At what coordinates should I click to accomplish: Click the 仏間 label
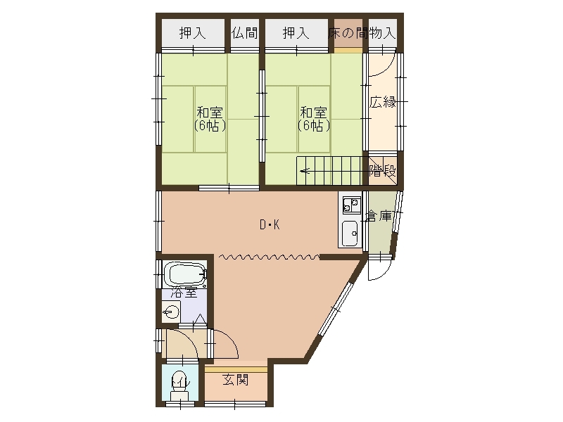click(x=244, y=33)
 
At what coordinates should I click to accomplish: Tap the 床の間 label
click(x=348, y=33)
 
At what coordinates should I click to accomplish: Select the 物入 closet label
click(x=382, y=33)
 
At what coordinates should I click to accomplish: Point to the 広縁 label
click(x=383, y=102)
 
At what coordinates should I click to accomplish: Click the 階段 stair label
click(x=383, y=170)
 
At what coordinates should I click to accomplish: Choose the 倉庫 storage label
click(x=379, y=216)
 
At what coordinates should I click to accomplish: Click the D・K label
click(x=270, y=225)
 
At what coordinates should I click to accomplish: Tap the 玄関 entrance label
click(x=236, y=380)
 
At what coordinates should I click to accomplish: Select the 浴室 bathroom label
click(x=184, y=292)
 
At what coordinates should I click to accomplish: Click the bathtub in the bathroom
click(x=185, y=274)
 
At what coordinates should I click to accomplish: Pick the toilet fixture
click(x=179, y=385)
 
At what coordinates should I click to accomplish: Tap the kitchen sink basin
click(x=349, y=234)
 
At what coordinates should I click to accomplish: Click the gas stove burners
click(x=351, y=205)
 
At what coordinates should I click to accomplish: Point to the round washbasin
click(x=171, y=311)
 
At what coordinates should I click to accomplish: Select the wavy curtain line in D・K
click(x=269, y=257)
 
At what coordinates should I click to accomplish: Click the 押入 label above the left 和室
click(x=193, y=33)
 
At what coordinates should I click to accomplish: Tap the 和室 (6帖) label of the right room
click(x=313, y=119)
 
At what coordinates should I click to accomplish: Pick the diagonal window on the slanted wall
click(x=336, y=309)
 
